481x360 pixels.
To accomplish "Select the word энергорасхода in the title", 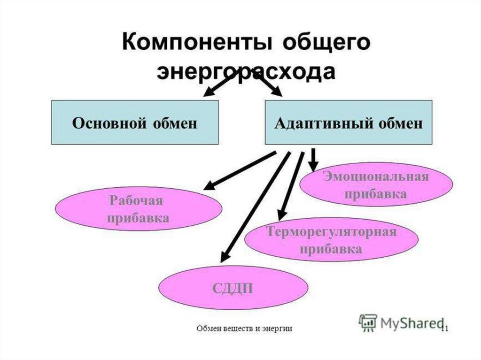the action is click(x=246, y=73).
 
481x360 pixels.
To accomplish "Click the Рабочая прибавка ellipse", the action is click(x=138, y=209).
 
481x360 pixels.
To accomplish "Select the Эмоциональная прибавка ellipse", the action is click(x=376, y=185).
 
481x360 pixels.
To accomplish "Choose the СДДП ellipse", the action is click(x=233, y=287).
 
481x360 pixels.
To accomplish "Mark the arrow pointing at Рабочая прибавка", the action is click(x=240, y=171).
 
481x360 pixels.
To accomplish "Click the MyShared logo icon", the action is click(x=368, y=322).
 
